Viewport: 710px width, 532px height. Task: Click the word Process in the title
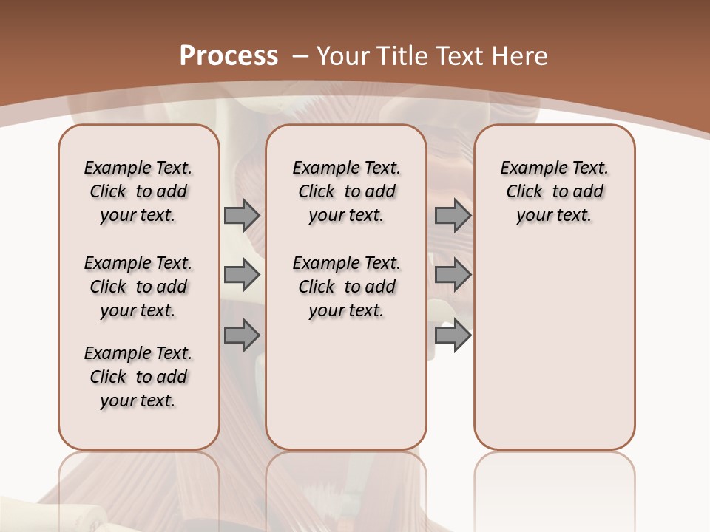[229, 56]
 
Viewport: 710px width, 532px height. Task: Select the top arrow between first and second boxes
[242, 215]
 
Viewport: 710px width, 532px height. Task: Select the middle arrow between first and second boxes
[242, 275]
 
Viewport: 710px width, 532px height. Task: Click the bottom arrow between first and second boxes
[242, 335]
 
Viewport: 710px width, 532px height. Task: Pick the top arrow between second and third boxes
[453, 215]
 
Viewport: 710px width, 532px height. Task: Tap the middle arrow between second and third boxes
[453, 275]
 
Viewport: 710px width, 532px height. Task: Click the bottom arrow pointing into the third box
[453, 335]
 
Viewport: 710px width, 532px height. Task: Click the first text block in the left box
[138, 191]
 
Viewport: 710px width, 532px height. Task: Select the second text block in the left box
[138, 287]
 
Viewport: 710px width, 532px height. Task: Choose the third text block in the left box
[138, 377]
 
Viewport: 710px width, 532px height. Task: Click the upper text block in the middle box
[346, 191]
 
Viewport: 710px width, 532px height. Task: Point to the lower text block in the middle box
[346, 287]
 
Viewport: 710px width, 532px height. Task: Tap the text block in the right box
[555, 191]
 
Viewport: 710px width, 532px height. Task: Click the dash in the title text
[300, 56]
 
